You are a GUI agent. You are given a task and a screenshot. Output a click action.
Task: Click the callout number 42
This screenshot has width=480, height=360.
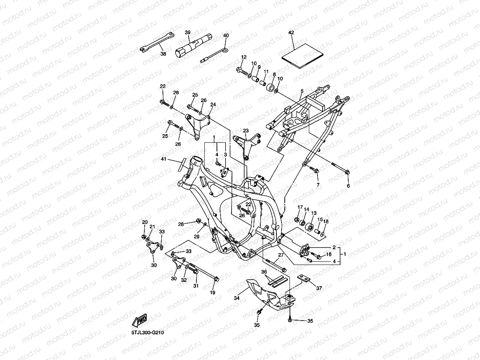[291, 33]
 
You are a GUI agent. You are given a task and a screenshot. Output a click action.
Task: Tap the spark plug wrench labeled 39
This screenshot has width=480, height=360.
[193, 45]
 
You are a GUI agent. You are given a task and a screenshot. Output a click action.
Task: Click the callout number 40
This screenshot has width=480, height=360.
[226, 35]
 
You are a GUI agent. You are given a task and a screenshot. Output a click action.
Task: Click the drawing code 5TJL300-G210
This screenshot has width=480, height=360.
[148, 333]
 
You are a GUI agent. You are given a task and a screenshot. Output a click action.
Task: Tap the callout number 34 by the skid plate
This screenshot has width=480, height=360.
[237, 298]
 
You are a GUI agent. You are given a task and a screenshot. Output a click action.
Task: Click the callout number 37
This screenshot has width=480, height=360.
[319, 288]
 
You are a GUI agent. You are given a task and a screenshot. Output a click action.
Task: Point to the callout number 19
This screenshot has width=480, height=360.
[213, 293]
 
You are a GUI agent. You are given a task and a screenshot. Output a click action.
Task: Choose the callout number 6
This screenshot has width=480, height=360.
[348, 186]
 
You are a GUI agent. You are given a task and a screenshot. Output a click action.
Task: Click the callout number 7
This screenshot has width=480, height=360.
[318, 185]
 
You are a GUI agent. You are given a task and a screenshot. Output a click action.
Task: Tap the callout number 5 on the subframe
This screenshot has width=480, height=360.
[301, 91]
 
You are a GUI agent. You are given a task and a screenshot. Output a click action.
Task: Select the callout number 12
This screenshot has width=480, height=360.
[244, 57]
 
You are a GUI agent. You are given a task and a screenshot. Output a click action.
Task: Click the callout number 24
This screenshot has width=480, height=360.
[213, 105]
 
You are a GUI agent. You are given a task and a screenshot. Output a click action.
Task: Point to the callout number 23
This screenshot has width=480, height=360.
[246, 131]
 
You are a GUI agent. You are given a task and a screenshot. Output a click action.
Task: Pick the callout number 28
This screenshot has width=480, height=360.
[181, 224]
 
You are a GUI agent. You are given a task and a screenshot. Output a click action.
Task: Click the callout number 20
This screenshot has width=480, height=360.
[145, 222]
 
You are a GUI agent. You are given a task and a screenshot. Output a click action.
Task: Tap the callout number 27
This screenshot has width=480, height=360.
[280, 255]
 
